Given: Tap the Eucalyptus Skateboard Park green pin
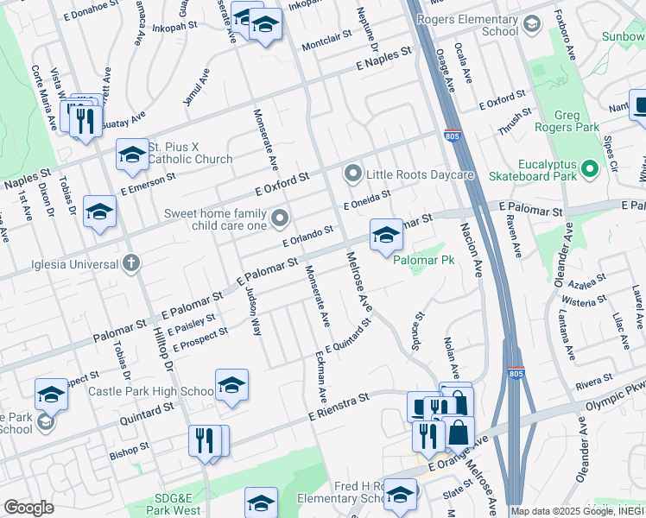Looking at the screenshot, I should [x=591, y=168].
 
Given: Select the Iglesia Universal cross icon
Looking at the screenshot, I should [x=130, y=262].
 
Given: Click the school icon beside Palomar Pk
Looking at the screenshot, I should [x=386, y=235].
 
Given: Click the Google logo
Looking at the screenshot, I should [x=28, y=508].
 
